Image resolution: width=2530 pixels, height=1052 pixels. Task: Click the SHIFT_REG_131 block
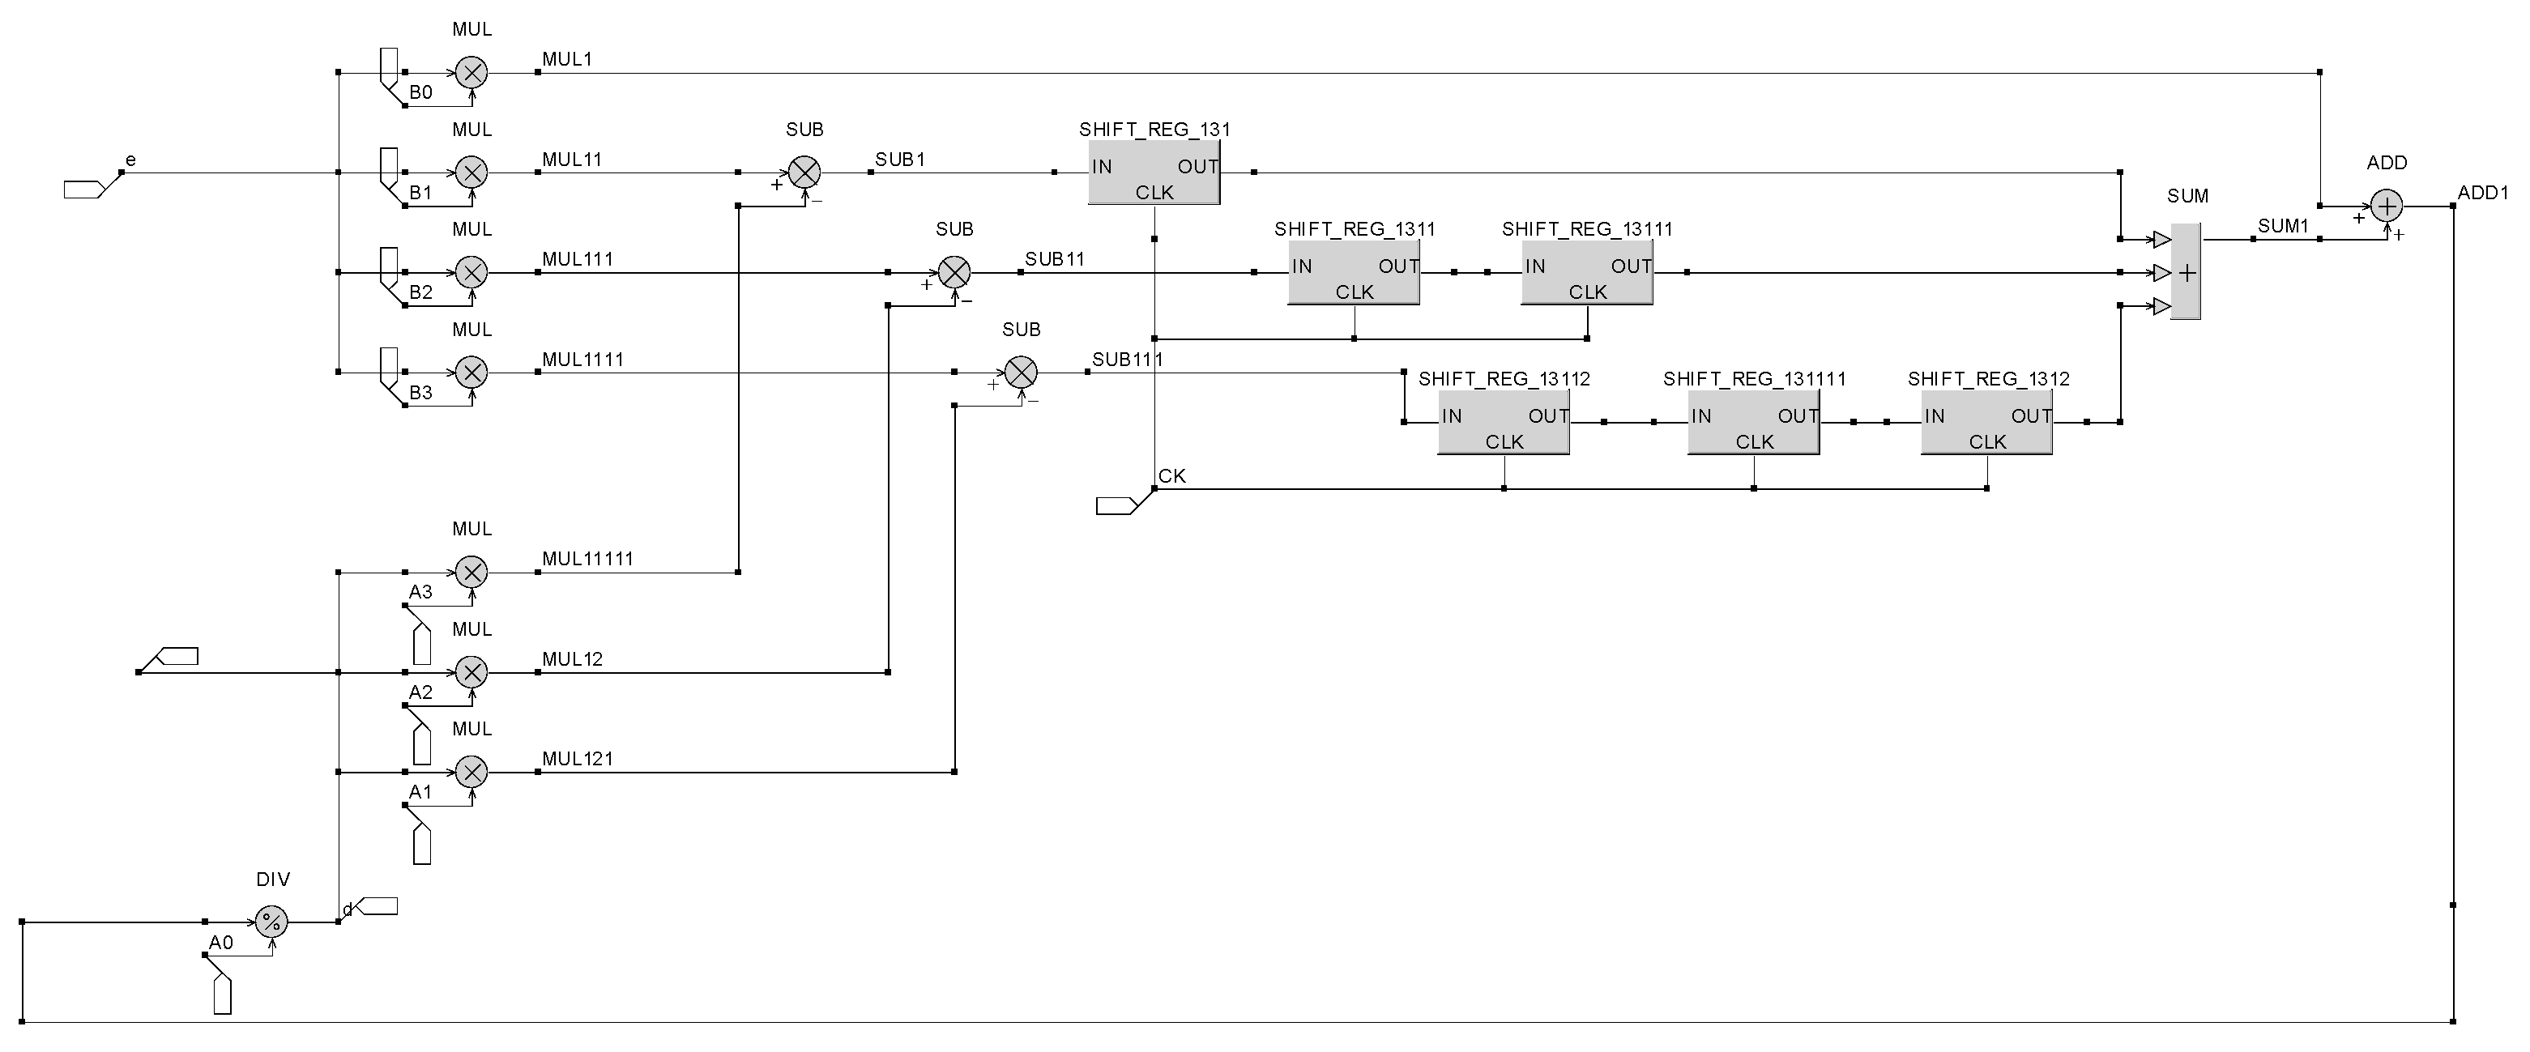[1154, 172]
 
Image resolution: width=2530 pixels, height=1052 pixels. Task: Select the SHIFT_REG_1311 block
[1354, 272]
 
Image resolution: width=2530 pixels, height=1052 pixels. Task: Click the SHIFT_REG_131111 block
[1753, 423]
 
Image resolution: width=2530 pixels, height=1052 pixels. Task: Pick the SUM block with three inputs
[2185, 272]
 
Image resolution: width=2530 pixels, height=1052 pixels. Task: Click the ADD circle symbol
[2387, 207]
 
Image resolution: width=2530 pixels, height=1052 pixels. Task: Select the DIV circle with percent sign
[272, 922]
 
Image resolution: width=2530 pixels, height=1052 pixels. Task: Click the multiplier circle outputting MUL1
[471, 72]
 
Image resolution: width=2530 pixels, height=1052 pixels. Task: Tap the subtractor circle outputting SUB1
[804, 172]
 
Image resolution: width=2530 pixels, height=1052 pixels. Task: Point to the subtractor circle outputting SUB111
[1022, 373]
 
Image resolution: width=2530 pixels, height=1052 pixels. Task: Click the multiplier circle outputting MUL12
[471, 673]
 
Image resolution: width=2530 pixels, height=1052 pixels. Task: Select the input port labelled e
[84, 190]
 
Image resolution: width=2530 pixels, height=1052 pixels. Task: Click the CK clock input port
[1116, 506]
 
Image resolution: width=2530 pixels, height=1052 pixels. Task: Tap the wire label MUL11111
[587, 559]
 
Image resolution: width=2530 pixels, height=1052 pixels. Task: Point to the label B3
[420, 393]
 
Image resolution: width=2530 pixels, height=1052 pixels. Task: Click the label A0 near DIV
[221, 943]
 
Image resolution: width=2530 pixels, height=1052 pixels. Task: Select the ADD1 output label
[2483, 193]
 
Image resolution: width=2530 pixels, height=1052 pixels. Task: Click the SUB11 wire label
[1054, 259]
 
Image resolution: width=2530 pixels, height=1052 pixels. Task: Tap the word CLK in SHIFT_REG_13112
[1504, 442]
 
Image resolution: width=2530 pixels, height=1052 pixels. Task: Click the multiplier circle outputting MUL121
[471, 772]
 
